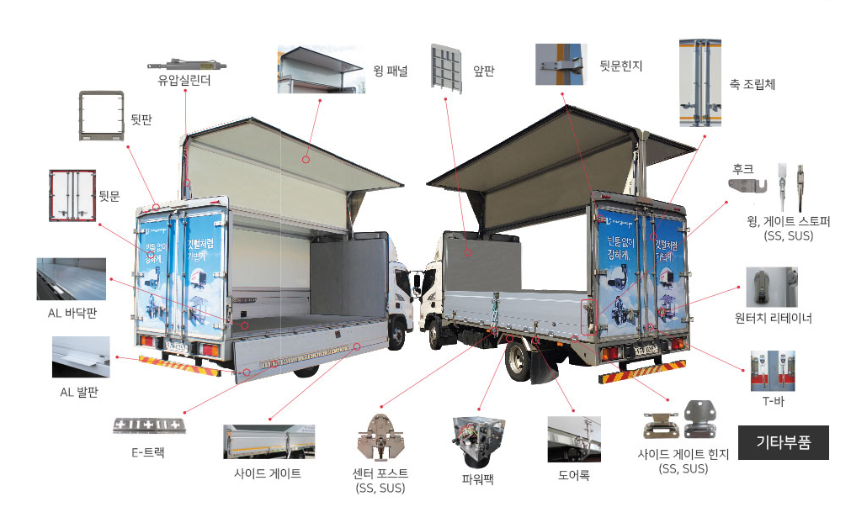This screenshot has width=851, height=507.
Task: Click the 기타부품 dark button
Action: point(783,442)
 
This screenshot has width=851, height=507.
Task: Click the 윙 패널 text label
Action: point(390,71)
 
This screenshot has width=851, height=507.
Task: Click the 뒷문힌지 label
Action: point(620,65)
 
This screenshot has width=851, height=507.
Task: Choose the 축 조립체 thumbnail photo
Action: point(702,82)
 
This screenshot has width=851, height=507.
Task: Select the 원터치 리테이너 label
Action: point(773,318)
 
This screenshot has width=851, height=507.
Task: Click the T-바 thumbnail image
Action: point(772,371)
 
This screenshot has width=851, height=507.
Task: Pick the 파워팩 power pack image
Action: point(477,441)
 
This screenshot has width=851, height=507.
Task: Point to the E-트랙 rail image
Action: point(149,425)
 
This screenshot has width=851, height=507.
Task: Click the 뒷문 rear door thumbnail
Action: point(72,195)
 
